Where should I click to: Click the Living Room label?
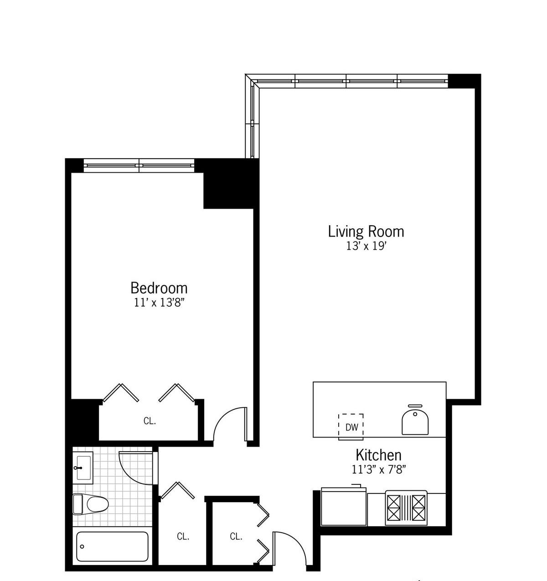coord(366,231)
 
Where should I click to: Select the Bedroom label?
coord(159,288)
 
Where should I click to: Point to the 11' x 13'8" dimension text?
coord(160,303)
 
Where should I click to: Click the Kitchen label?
coord(378,455)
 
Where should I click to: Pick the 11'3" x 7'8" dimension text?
coord(379,470)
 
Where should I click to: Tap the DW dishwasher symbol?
coord(351,426)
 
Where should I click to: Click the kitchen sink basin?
coord(415,421)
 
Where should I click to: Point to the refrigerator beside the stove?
coord(344,506)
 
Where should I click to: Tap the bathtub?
coord(112,546)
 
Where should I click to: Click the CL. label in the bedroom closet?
coord(150,421)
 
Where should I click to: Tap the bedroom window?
coord(139,165)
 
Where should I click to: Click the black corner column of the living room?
coord(464,81)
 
